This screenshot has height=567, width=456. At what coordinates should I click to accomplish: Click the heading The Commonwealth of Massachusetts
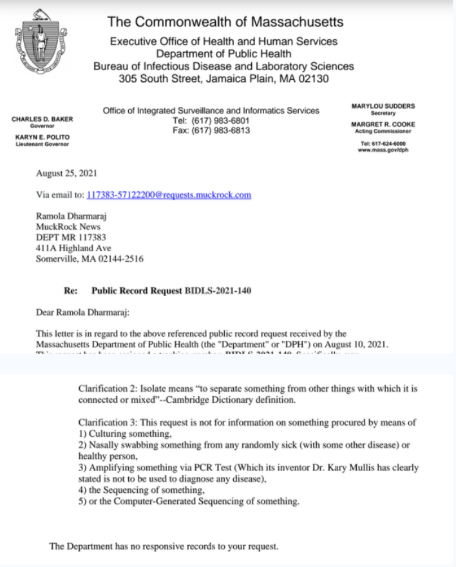225,22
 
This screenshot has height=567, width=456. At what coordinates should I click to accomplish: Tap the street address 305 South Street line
224,79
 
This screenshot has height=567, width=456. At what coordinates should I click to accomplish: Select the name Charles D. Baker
43,119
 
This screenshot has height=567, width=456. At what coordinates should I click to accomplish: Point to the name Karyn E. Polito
43,137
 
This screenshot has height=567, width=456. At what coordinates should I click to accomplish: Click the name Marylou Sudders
383,105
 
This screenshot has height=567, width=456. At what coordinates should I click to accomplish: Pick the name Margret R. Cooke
383,124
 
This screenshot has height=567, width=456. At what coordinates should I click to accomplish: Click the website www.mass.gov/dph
383,150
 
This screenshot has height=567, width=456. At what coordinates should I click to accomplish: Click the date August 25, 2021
68,174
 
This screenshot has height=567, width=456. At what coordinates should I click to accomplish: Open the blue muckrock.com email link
169,195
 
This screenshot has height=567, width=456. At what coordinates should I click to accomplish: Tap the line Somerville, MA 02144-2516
90,260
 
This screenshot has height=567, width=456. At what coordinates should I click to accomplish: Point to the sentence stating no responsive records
164,546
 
